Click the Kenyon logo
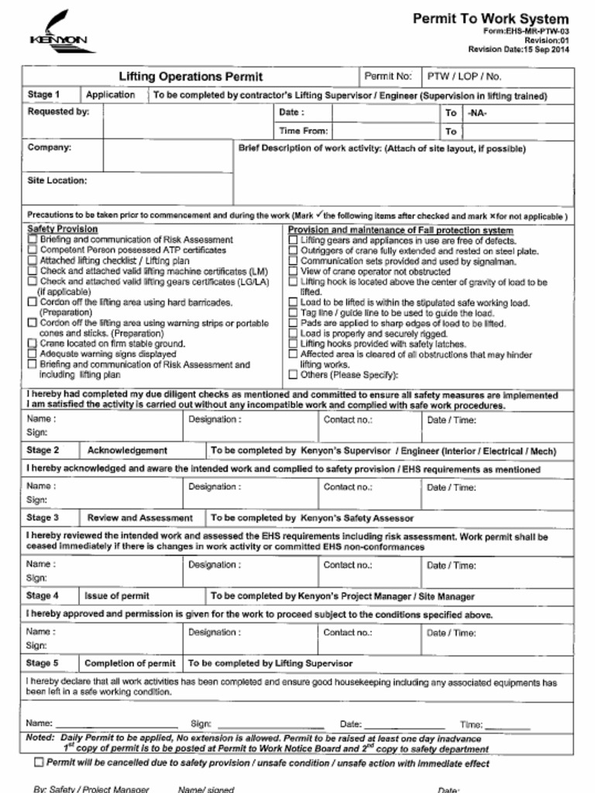59,32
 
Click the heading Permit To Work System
490,19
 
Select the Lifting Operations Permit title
190,77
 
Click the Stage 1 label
44,95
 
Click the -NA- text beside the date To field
478,113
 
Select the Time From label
303,131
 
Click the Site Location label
57,180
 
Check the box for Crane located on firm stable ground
32,343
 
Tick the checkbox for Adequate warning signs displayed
32,354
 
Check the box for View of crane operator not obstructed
293,272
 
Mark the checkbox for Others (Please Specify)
293,375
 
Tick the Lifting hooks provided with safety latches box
293,344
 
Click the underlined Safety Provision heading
63,229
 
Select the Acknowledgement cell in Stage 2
127,450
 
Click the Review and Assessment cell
139,517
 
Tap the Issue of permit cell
117,596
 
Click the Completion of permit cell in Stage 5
129,663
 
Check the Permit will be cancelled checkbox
39,763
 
